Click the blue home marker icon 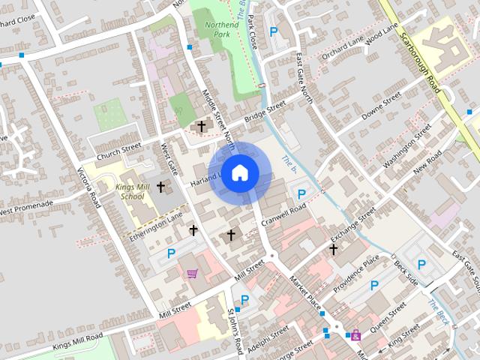(239, 173)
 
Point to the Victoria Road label (89, 187)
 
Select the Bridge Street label (265, 113)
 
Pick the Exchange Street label (352, 226)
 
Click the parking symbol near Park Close (274, 32)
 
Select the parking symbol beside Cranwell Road (301, 194)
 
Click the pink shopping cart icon (193, 274)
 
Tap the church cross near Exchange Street (333, 248)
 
